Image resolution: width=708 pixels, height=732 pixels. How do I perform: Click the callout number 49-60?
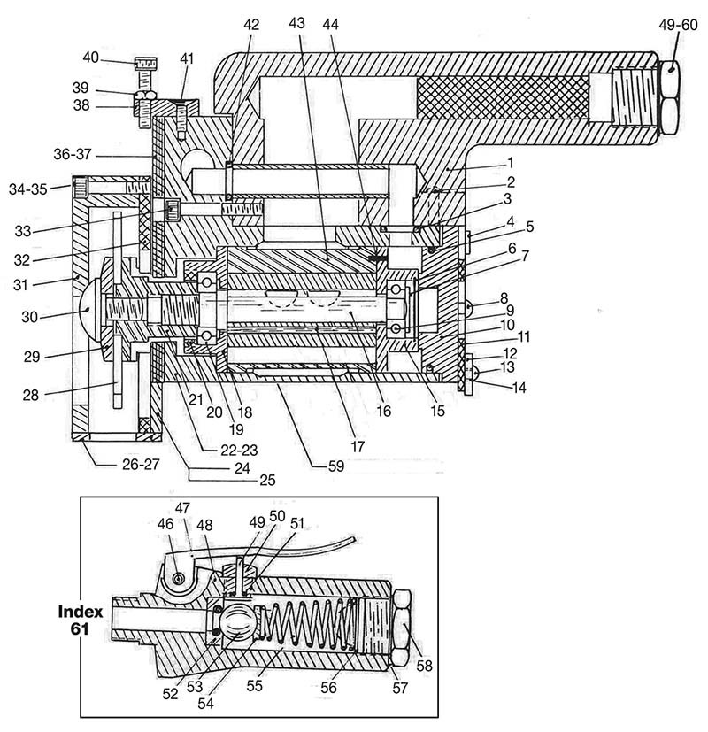678,25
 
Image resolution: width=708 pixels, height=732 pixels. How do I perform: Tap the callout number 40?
90,58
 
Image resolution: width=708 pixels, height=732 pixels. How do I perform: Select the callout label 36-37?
73,154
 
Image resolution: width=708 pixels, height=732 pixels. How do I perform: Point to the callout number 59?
336,466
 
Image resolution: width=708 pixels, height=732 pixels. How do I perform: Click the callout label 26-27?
141,464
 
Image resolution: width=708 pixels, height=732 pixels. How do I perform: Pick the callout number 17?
357,447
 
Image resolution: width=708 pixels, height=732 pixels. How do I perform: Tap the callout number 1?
511,163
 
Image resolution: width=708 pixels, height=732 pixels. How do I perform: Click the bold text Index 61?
81,620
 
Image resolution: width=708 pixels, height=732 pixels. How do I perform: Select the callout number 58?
424,666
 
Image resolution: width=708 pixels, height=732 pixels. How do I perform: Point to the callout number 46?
165,523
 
